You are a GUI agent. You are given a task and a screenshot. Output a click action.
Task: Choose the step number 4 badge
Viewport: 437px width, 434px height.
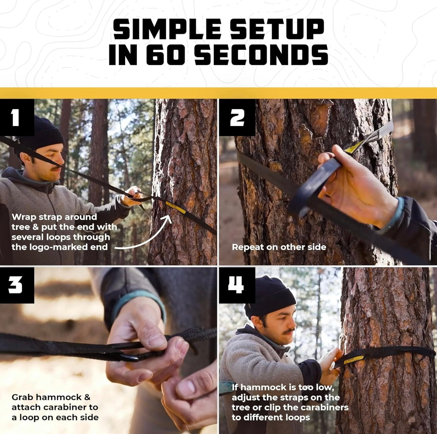click(x=237, y=285)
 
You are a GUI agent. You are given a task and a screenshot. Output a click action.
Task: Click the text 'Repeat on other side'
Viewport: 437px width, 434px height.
click(x=279, y=247)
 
